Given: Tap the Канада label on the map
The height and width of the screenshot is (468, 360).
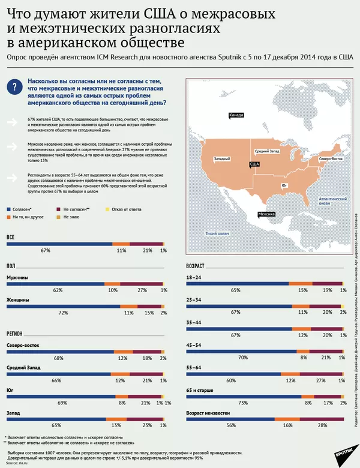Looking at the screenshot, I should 236,115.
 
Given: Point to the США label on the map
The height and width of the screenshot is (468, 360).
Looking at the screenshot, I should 254,164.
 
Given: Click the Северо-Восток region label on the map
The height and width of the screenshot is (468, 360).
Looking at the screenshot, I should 331,158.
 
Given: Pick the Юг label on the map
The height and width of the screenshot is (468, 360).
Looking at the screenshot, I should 284,187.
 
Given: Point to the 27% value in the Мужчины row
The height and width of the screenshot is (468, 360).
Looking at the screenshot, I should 142,290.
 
